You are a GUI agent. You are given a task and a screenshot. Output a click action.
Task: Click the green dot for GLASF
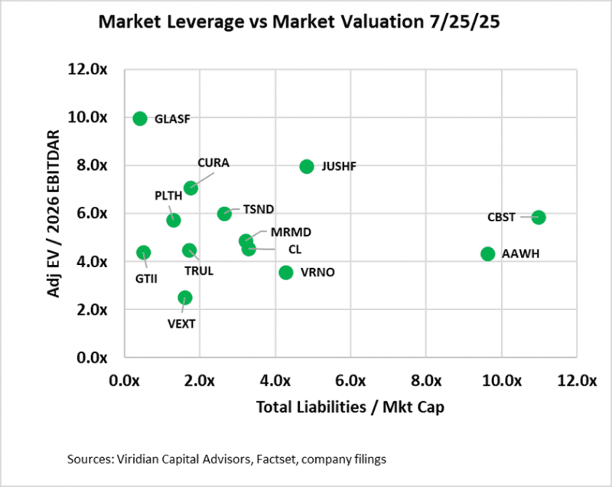pos(140,118)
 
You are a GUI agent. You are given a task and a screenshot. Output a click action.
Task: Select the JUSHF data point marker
pos(307,166)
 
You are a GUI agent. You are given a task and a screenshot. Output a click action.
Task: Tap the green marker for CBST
pos(539,217)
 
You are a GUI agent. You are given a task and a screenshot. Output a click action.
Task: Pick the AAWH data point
pos(488,253)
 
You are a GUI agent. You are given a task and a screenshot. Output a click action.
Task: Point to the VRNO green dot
pos(286,272)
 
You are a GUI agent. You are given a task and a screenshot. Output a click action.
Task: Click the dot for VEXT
pos(185,297)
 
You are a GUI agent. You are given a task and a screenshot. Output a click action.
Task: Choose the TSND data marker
pos(224,214)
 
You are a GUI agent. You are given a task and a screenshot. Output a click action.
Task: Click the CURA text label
pos(213,163)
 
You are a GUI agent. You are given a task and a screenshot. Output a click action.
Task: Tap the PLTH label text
pos(168,195)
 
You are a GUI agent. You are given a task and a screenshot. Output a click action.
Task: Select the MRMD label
pos(291,233)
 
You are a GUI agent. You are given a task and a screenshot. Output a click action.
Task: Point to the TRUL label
pos(199,270)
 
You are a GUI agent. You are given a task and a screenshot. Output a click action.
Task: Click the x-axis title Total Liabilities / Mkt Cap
pos(350,407)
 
